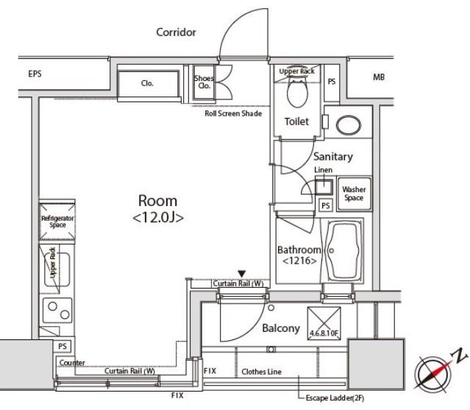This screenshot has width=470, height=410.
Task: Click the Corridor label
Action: click(176, 32)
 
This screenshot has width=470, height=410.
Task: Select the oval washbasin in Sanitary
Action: click(349, 125)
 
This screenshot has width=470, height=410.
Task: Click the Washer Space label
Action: click(354, 194)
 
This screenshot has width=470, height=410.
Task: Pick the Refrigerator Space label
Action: click(57, 222)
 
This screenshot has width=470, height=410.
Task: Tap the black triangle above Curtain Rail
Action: click(242, 274)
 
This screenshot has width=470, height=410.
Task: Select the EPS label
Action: click(35, 74)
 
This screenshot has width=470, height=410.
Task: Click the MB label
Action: click(379, 77)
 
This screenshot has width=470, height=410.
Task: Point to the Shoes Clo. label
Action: click(204, 82)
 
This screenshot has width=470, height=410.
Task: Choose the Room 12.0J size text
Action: click(158, 217)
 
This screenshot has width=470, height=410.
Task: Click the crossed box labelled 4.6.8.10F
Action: click(324, 323)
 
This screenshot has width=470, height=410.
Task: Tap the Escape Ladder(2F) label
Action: click(335, 398)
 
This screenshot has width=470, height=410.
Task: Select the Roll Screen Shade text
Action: click(233, 113)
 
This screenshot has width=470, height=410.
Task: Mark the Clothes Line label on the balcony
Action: click(261, 372)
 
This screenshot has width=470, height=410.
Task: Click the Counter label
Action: click(72, 363)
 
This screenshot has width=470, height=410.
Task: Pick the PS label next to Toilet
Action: click(332, 82)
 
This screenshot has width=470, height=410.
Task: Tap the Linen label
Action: click(323, 170)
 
